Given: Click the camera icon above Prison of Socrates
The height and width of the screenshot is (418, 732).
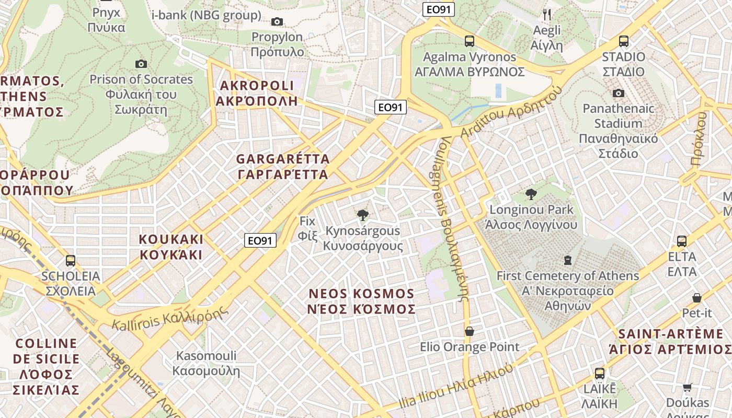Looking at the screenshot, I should tap(141, 64).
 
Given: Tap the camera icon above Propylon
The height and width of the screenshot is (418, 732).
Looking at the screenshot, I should tap(277, 21).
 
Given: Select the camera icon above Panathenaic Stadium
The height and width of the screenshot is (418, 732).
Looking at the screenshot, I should tap(619, 93).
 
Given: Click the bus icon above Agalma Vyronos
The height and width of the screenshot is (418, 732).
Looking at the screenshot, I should tap(470, 41).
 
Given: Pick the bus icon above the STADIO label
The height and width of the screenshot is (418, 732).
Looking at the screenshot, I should tap(623, 41).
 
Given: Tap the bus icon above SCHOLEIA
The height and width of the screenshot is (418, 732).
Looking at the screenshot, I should tap(71, 260).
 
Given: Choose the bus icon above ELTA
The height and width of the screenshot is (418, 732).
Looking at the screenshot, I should tap(682, 241).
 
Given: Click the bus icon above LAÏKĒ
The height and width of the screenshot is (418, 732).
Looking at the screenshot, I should tap(600, 374).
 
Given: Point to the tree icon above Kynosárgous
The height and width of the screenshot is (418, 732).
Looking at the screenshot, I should tap(362, 215).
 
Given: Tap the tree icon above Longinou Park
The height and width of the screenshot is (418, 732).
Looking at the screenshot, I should tap(531, 194).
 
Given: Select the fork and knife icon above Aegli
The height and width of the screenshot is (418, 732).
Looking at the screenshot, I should tap(547, 14).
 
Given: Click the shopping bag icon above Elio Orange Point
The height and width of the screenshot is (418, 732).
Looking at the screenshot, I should tap(470, 331).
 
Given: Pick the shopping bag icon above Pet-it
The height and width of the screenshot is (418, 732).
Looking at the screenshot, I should tap(697, 298).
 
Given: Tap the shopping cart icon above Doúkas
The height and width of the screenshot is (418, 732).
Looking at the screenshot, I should tap(688, 387).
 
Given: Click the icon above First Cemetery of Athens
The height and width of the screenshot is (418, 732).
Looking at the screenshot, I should tap(568, 260).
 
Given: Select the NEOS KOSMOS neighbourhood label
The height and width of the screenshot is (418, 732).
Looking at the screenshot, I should tap(362, 301).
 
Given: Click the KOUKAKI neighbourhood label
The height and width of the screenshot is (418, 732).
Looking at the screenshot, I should tap(170, 247).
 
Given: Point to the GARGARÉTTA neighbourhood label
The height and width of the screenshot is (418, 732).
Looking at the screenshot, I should tap(283, 166).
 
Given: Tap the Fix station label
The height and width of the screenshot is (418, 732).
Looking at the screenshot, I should tap(308, 228).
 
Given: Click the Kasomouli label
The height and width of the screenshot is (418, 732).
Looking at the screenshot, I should tap(207, 364).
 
